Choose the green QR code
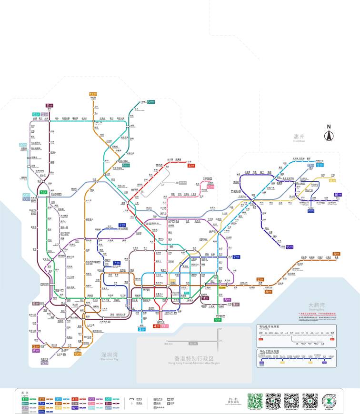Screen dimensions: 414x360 click(x=255, y=401)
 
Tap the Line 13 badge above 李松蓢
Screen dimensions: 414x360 click(x=93, y=94)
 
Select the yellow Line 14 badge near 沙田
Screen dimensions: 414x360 click(x=332, y=180)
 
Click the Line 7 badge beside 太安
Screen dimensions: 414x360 click(x=236, y=257)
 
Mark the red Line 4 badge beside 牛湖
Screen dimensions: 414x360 click(x=191, y=166)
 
